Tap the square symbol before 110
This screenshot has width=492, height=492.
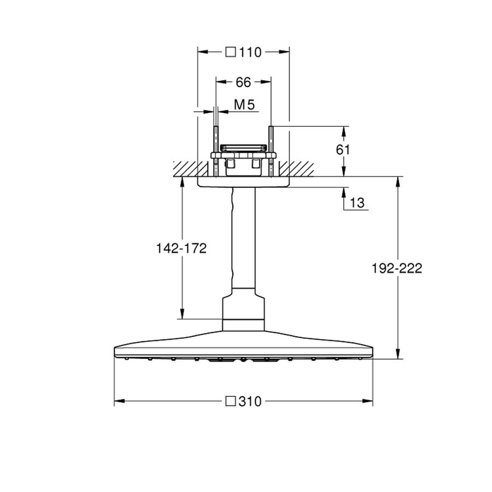point(231,52)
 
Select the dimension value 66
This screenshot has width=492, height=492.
point(243,83)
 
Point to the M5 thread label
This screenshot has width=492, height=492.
point(244,104)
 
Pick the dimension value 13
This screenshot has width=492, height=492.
point(356,203)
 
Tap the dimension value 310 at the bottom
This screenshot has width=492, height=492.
point(250,402)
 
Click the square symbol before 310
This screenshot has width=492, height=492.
point(231,402)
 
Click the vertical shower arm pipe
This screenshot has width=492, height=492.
point(243,241)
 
